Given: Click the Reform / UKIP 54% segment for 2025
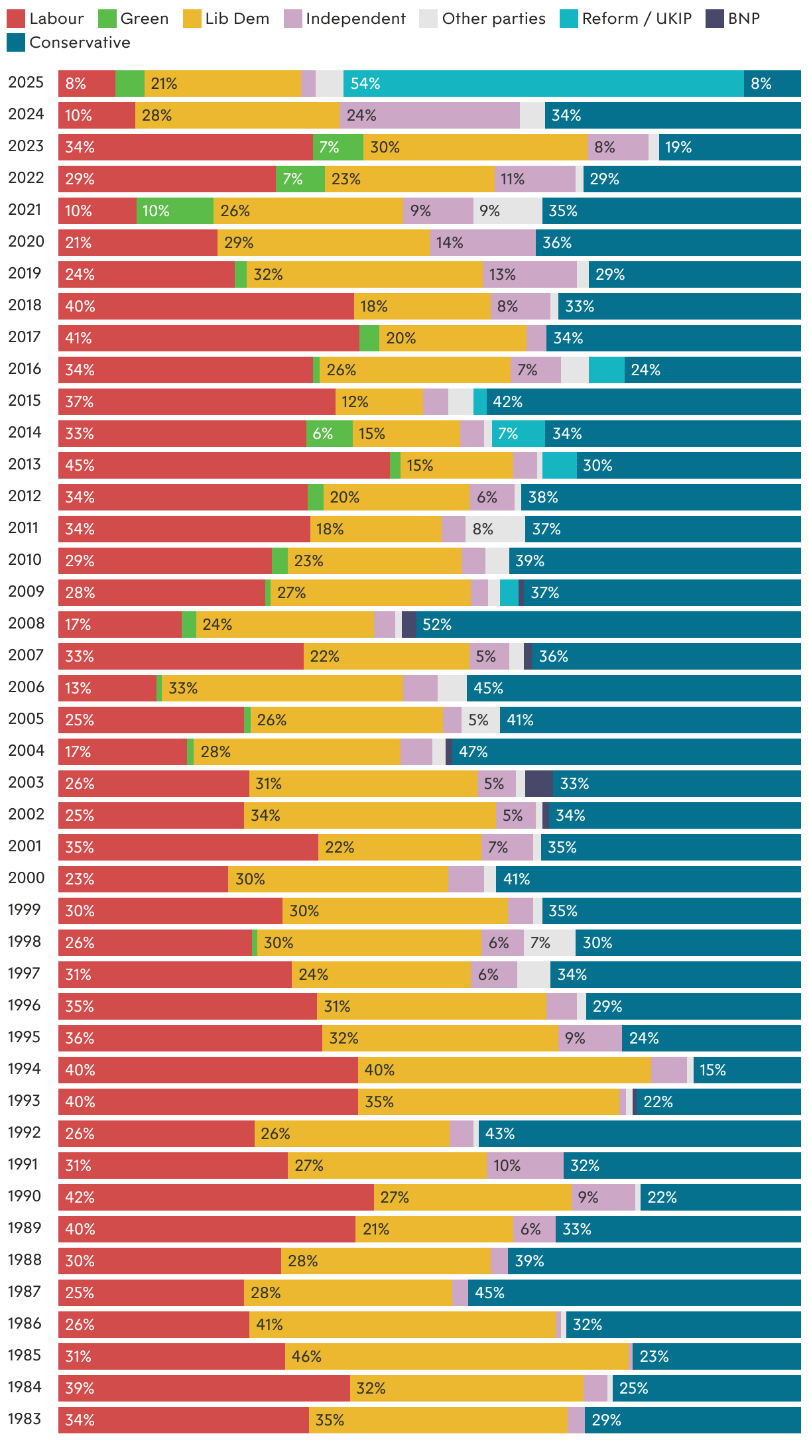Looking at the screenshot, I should (x=543, y=84).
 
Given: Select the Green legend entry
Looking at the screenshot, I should (x=133, y=19).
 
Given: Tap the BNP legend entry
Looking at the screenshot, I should (x=733, y=19).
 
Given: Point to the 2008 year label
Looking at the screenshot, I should (x=26, y=623).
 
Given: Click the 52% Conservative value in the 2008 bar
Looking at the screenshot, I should (x=437, y=625).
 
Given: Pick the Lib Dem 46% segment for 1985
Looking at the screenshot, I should (x=456, y=1356).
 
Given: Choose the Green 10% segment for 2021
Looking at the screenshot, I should (x=174, y=211).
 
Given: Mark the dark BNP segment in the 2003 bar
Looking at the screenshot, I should (x=538, y=784).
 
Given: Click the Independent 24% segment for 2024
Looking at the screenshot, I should (x=429, y=115).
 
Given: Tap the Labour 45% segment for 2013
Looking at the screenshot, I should (x=223, y=465).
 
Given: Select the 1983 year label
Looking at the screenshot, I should (x=25, y=1419).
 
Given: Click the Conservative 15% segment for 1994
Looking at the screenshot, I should (x=747, y=1070).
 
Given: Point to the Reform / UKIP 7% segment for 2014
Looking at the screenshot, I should (x=518, y=434).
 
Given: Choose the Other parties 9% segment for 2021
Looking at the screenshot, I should (x=507, y=211).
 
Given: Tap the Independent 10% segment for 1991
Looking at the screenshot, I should (x=525, y=1166).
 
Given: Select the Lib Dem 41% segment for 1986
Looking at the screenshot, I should (x=402, y=1325).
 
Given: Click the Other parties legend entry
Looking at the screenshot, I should (x=483, y=19).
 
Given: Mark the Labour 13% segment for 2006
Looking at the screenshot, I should (x=107, y=688).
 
